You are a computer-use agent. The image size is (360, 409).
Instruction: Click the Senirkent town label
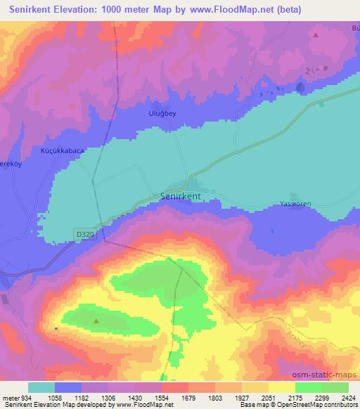186,197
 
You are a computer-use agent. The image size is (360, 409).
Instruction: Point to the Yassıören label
295,204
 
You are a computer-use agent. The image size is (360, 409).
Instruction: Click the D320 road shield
84,233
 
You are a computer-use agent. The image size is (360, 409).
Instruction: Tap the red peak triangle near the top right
316,34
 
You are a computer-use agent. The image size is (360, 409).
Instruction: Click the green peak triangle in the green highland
96,322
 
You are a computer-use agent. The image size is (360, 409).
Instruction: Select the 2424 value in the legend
347,396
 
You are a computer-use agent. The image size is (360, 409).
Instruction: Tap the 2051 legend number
267,396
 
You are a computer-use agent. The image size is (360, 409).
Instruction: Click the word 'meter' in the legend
10,396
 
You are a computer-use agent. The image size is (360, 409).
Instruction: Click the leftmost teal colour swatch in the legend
41,387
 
